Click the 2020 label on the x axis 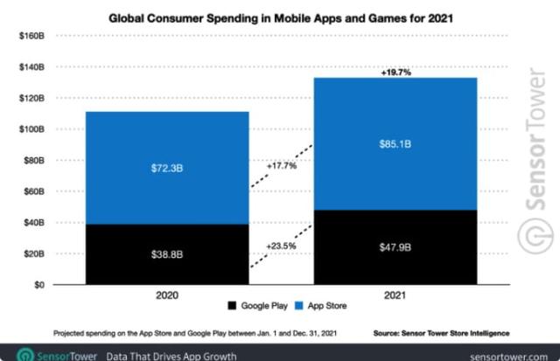tap(166, 297)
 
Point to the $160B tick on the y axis tap(31, 36)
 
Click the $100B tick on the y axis tap(31, 129)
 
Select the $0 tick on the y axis tap(39, 284)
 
